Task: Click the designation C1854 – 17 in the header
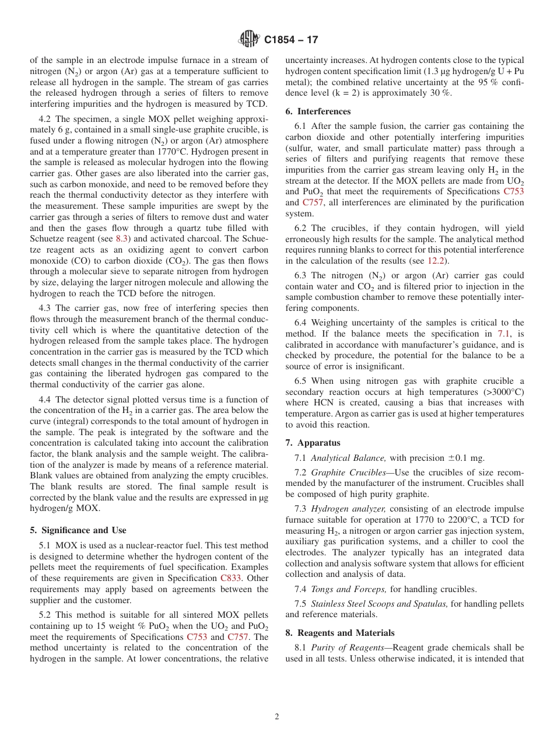[292, 40]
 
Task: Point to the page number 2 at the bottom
[277, 717]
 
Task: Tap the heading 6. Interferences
[318, 111]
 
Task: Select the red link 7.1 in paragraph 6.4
[503, 334]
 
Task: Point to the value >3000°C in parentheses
[501, 392]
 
